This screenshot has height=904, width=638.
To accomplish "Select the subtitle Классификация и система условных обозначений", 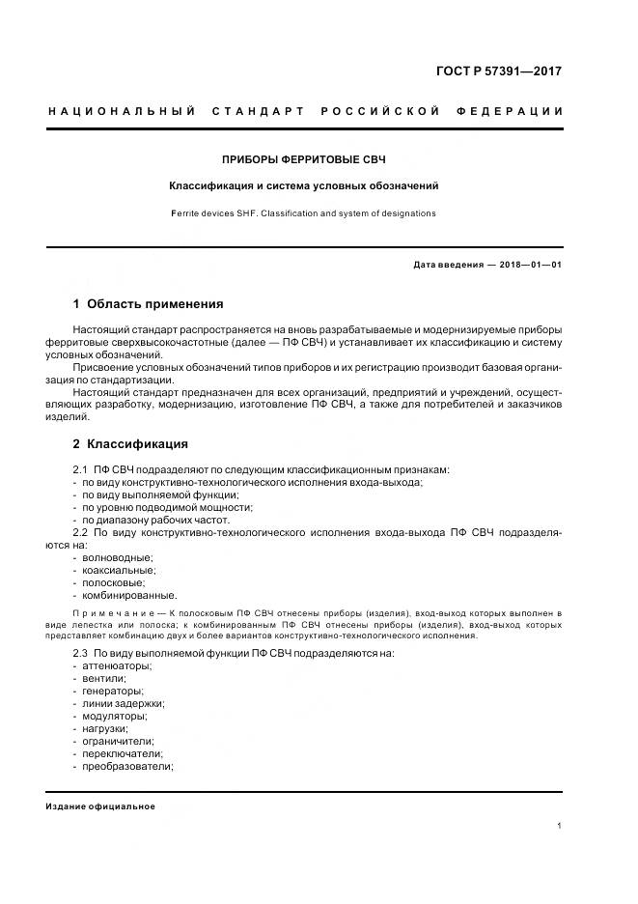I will (304, 185).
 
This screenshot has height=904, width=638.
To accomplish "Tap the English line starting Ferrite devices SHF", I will (304, 213).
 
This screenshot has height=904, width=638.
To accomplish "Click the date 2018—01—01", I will (531, 265).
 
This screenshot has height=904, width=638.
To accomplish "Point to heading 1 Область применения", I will (148, 303).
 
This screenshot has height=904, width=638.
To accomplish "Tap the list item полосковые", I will (114, 582).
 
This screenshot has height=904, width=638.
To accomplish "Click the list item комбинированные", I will (129, 595).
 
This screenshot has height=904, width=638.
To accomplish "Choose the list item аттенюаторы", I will (117, 665).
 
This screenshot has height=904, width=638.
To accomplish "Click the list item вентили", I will (104, 678).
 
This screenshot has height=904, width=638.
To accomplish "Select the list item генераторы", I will (113, 691).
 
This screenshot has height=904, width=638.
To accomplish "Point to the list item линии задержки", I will (123, 703).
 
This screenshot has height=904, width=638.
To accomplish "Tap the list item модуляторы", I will (115, 716).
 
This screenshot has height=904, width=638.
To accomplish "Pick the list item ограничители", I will (119, 741).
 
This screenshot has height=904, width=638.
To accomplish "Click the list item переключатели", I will (123, 753).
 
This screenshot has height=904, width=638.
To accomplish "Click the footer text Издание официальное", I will (100, 806).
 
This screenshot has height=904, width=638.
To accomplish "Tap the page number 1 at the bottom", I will (560, 826).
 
